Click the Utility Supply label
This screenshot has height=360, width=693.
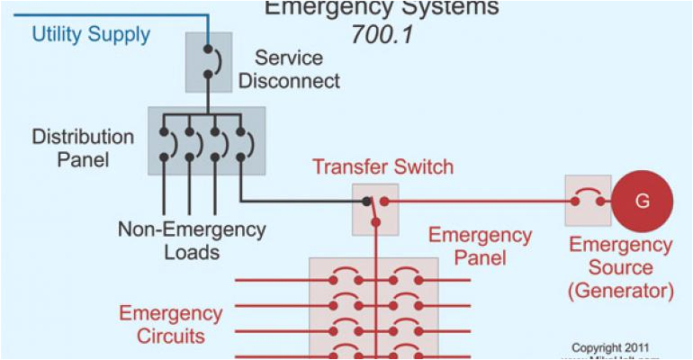click(91, 35)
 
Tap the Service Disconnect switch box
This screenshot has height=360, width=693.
click(208, 62)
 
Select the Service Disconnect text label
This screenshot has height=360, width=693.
click(289, 69)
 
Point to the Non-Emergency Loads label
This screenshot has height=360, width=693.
click(192, 240)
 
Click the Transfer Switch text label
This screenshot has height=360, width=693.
click(382, 167)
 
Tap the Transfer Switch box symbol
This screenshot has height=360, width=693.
click(374, 209)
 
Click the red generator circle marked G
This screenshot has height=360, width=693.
click(643, 202)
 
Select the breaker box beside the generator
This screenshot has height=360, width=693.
click(588, 201)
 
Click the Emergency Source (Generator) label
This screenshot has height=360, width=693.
click(620, 267)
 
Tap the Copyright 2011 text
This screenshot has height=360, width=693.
click(608, 346)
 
